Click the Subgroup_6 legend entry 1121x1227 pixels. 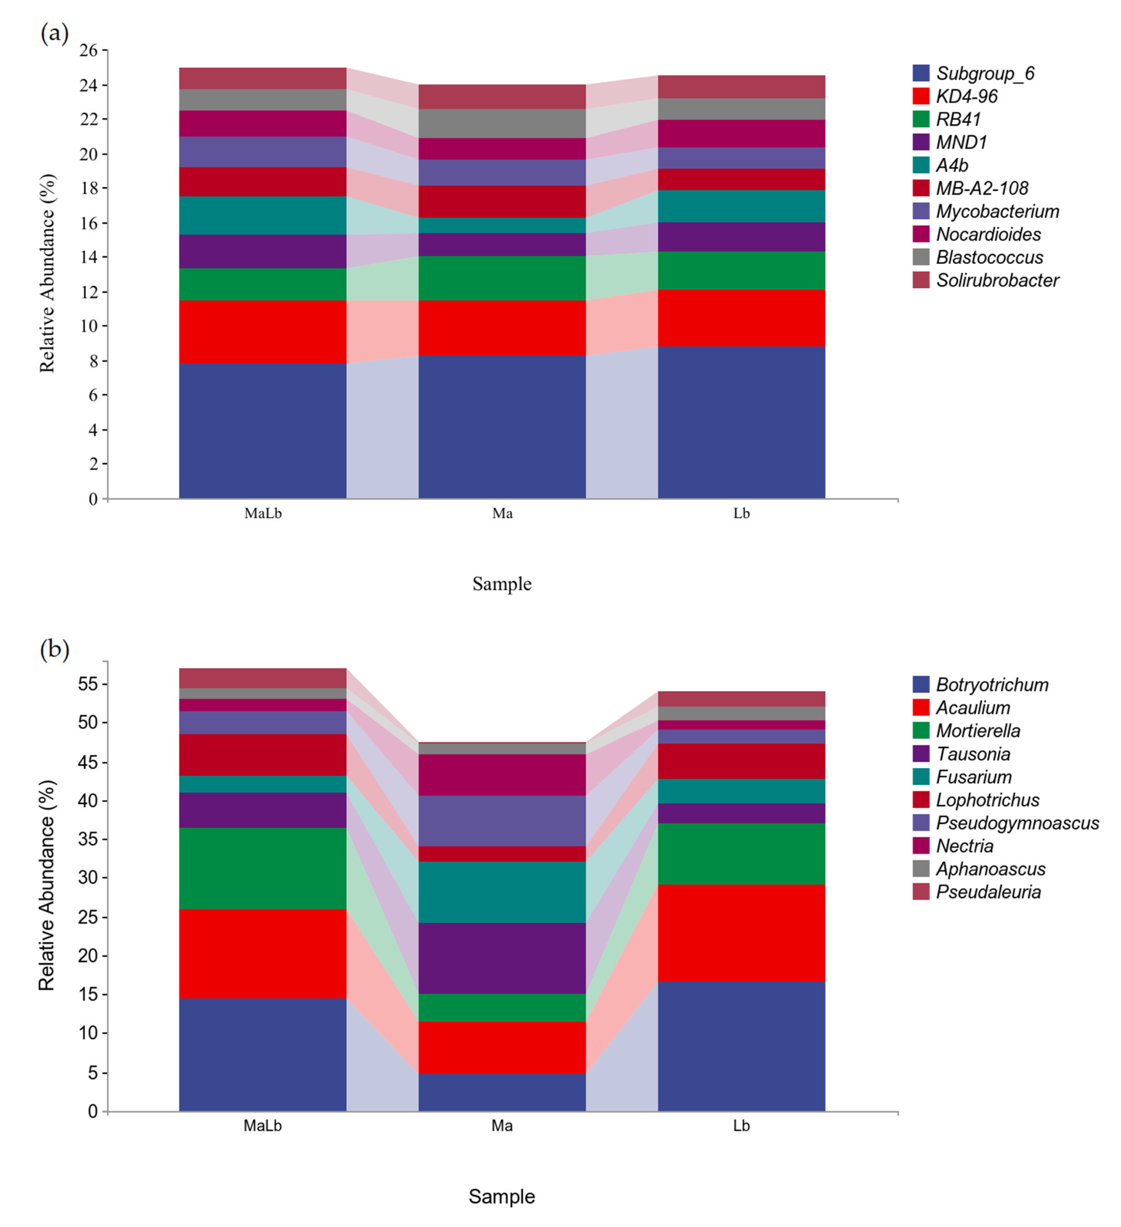pos(985,74)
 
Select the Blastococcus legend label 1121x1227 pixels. pos(989,258)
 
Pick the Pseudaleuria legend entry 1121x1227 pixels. pos(988,892)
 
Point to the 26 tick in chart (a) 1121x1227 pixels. pos(88,50)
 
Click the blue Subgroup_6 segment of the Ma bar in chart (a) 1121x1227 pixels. pos(502,427)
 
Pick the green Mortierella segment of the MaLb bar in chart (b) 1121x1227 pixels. pos(262,868)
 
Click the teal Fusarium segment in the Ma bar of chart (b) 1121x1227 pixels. pos(502,892)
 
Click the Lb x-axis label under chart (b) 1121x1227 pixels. pos(741,1126)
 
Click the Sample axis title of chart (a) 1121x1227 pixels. pos(502,584)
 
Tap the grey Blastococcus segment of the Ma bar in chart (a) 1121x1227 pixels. pos(502,124)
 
